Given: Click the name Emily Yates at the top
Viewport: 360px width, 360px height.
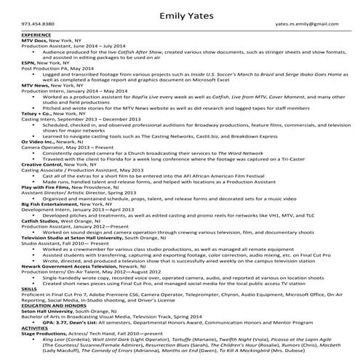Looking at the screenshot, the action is [180, 12].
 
